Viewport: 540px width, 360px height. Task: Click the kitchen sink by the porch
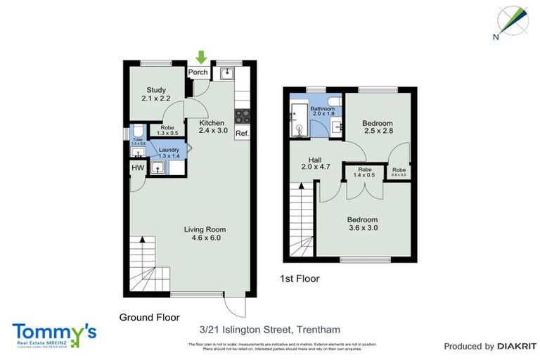(x=226, y=73)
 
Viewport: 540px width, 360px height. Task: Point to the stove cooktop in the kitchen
(x=243, y=117)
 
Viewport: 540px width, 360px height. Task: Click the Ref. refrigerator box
(x=242, y=134)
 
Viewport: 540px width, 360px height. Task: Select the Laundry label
(x=169, y=150)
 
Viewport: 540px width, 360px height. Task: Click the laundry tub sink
(x=160, y=167)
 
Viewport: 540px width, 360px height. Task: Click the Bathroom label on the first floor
(x=323, y=109)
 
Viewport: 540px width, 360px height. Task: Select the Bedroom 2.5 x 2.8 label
(x=378, y=127)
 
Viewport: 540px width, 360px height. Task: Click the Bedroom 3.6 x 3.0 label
(x=363, y=224)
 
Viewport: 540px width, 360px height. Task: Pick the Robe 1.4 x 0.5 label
(x=365, y=173)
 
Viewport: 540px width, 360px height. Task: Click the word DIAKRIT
(x=517, y=346)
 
